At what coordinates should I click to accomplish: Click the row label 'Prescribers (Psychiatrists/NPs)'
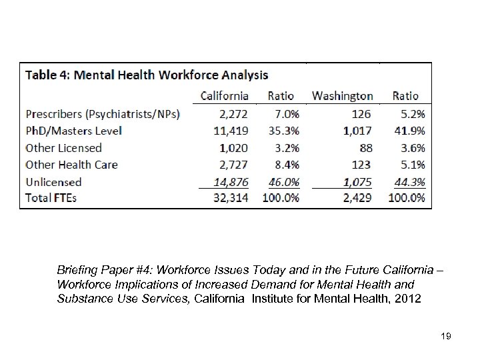[x=103, y=114]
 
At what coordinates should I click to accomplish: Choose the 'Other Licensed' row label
[x=63, y=148]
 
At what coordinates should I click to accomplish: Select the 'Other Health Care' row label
[x=71, y=165]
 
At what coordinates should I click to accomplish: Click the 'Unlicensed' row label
[x=53, y=181]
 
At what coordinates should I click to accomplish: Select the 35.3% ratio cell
[x=280, y=131]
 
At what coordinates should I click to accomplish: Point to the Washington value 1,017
[x=358, y=131]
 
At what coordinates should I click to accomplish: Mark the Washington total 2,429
[x=358, y=198]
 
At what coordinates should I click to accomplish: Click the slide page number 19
[x=446, y=337]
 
